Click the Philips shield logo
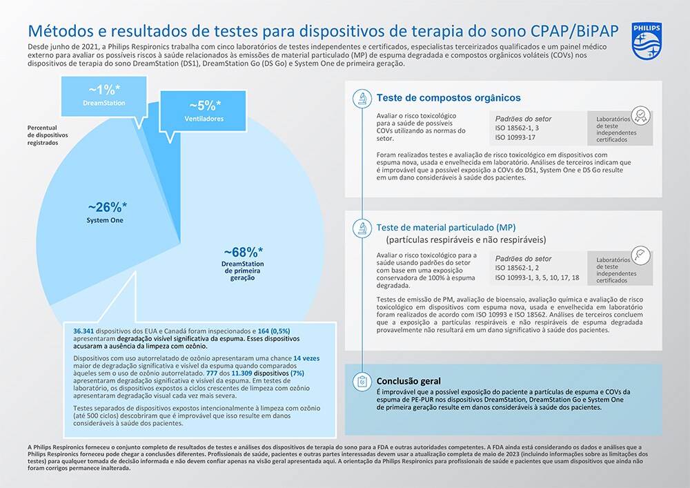tap(647, 41)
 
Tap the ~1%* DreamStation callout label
tap(104, 96)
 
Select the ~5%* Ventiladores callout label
tap(204, 111)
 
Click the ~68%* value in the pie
tap(244, 252)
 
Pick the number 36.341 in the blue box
tap(83, 331)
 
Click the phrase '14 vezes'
tap(306, 358)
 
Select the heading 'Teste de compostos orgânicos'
tap(448, 98)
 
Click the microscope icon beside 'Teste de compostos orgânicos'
tap(362, 99)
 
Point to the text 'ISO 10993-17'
tap(515, 137)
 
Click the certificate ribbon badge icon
tap(640, 116)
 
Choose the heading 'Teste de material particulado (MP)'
tap(446, 228)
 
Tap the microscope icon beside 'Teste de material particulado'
tap(362, 228)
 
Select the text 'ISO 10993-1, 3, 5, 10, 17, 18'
tap(537, 277)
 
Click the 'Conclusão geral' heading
tap(408, 381)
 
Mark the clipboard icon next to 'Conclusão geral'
tap(362, 381)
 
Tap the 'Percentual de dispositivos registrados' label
tap(48, 135)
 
